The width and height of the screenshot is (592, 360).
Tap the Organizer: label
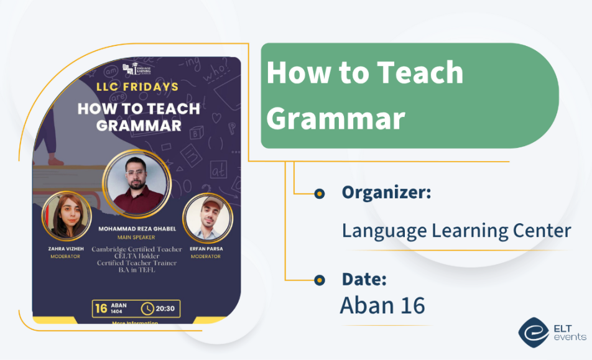[x=386, y=193]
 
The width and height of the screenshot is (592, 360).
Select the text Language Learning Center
[x=456, y=231]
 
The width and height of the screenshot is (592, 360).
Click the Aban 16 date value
[x=382, y=305]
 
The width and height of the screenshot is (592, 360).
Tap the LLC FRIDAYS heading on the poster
[x=137, y=87]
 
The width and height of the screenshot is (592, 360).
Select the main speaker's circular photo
[x=137, y=183]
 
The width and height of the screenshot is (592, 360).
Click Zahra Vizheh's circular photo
[x=66, y=215]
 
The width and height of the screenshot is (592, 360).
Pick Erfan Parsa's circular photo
[x=207, y=218]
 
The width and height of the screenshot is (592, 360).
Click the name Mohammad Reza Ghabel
[x=137, y=229]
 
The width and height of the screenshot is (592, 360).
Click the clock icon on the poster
[x=148, y=308]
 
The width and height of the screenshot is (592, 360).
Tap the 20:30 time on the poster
[x=165, y=308]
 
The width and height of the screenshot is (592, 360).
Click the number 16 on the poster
[x=101, y=308]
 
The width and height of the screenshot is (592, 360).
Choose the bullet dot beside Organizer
[x=320, y=193]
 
